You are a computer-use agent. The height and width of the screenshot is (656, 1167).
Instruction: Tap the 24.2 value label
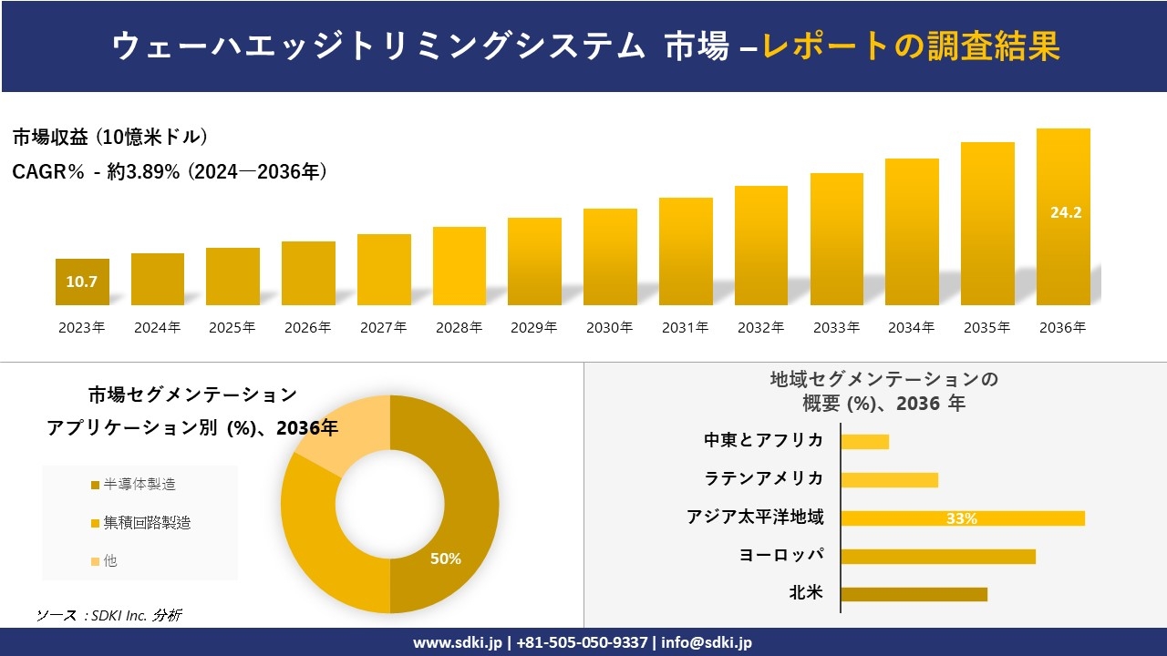(1066, 212)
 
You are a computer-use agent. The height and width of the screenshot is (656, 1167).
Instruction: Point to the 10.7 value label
(81, 282)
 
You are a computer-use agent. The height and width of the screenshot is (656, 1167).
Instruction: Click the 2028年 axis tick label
(459, 328)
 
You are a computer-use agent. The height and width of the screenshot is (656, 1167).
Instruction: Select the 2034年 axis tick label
(912, 328)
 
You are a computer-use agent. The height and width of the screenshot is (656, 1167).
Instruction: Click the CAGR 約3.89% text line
(170, 171)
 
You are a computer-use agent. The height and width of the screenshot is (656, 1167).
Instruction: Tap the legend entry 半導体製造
(139, 485)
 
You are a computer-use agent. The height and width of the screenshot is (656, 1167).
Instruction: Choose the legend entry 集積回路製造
(146, 523)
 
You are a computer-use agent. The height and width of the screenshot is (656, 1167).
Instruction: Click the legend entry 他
(109, 561)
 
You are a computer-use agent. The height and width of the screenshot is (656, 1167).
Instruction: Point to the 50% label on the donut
(445, 559)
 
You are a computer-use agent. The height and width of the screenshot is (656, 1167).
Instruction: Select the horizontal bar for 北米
(914, 594)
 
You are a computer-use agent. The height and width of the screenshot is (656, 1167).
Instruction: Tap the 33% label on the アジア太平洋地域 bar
(961, 518)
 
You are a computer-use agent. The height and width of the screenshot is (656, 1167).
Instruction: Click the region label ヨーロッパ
(781, 555)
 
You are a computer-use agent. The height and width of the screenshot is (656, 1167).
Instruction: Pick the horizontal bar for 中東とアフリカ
(864, 442)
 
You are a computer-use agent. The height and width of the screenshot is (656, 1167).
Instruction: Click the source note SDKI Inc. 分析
(109, 616)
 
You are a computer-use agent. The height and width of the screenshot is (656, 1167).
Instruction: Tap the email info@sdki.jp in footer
(707, 642)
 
